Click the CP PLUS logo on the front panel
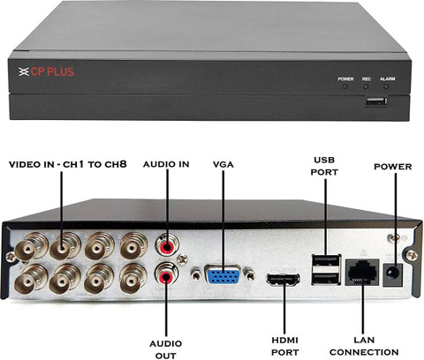point(46,71)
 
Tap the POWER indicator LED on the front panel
point(345,86)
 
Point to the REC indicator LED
point(366,86)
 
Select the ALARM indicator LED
point(387,86)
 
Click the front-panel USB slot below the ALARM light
point(376,101)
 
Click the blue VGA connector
point(223,274)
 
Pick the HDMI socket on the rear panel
point(283,279)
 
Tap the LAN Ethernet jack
point(362,273)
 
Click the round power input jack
point(393,274)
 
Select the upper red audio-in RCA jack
point(167,245)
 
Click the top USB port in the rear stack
point(326,260)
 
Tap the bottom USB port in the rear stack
point(326,278)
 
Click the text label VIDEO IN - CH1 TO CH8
point(68,164)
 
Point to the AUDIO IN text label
point(166,164)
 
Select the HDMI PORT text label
point(284,346)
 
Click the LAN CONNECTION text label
point(364,346)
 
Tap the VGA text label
point(223,164)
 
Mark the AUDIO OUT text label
point(166,349)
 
